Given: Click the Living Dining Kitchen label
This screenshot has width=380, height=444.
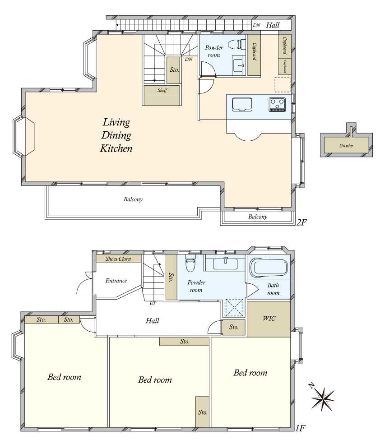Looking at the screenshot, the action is click(x=116, y=135).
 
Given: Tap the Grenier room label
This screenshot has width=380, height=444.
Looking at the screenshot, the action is click(x=346, y=146).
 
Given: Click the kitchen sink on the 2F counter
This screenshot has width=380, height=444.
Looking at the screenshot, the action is click(x=242, y=105).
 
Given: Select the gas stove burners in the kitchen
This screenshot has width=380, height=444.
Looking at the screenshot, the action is click(x=277, y=104).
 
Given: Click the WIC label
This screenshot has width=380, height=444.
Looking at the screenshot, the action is click(x=269, y=319).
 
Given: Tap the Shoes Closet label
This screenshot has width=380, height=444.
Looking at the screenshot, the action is click(x=118, y=259).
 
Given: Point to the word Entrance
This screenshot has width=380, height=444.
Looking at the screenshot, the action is click(x=116, y=281).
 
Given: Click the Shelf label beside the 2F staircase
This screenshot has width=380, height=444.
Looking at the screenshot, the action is click(x=162, y=90).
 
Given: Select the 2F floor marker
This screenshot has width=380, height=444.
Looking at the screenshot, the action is click(x=302, y=222).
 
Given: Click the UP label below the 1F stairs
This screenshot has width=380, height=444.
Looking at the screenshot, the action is click(x=153, y=303).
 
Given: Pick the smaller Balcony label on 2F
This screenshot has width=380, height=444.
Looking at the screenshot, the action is click(x=258, y=217).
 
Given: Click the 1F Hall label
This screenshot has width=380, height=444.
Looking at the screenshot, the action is click(x=153, y=320).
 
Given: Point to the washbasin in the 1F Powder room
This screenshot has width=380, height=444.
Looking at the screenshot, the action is click(x=225, y=264).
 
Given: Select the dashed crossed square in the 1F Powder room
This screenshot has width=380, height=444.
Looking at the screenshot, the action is click(x=235, y=308).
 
